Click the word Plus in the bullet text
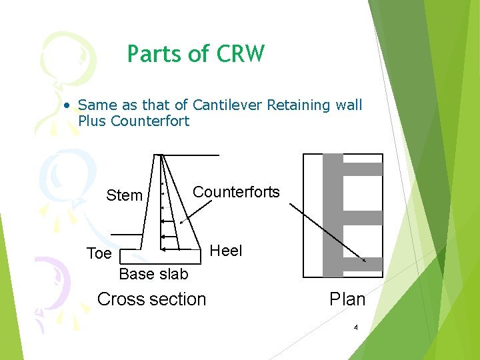(x=93, y=121)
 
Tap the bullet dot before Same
(x=67, y=105)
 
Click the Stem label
(x=125, y=195)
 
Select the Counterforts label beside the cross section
(x=236, y=192)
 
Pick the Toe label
(x=99, y=254)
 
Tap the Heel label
(x=226, y=251)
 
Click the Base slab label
(x=153, y=274)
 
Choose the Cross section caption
(x=151, y=299)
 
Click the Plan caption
(x=347, y=299)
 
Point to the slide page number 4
(x=356, y=327)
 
